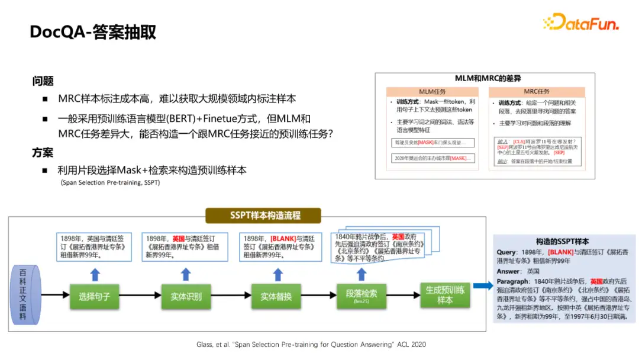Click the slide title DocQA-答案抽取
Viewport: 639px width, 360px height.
coord(93,32)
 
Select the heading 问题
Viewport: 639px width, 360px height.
coord(43,81)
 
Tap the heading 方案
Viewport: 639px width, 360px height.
coord(43,152)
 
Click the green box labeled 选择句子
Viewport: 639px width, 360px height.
coord(95,295)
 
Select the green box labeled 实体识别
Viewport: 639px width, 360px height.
coord(186,295)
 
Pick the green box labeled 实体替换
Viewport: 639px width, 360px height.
coord(276,295)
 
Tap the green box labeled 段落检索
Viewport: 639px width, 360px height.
coord(362,294)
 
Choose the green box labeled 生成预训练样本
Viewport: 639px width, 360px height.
coord(445,294)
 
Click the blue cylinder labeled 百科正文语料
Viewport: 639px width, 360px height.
coord(23,294)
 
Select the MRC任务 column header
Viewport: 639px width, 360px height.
coord(536,92)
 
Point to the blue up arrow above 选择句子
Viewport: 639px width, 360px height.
coord(95,274)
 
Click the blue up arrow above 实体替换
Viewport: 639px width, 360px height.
coord(276,274)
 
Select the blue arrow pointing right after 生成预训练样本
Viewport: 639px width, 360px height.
coord(483,286)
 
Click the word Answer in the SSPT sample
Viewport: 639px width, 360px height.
coord(508,271)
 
